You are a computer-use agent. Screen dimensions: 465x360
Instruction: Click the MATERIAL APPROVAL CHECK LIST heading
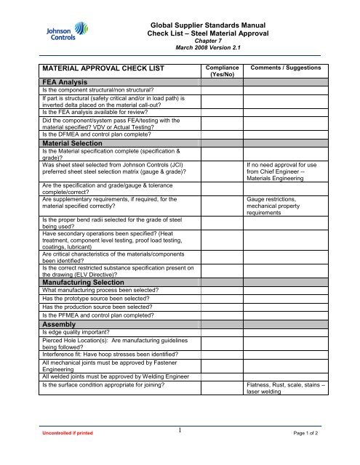point(102,68)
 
